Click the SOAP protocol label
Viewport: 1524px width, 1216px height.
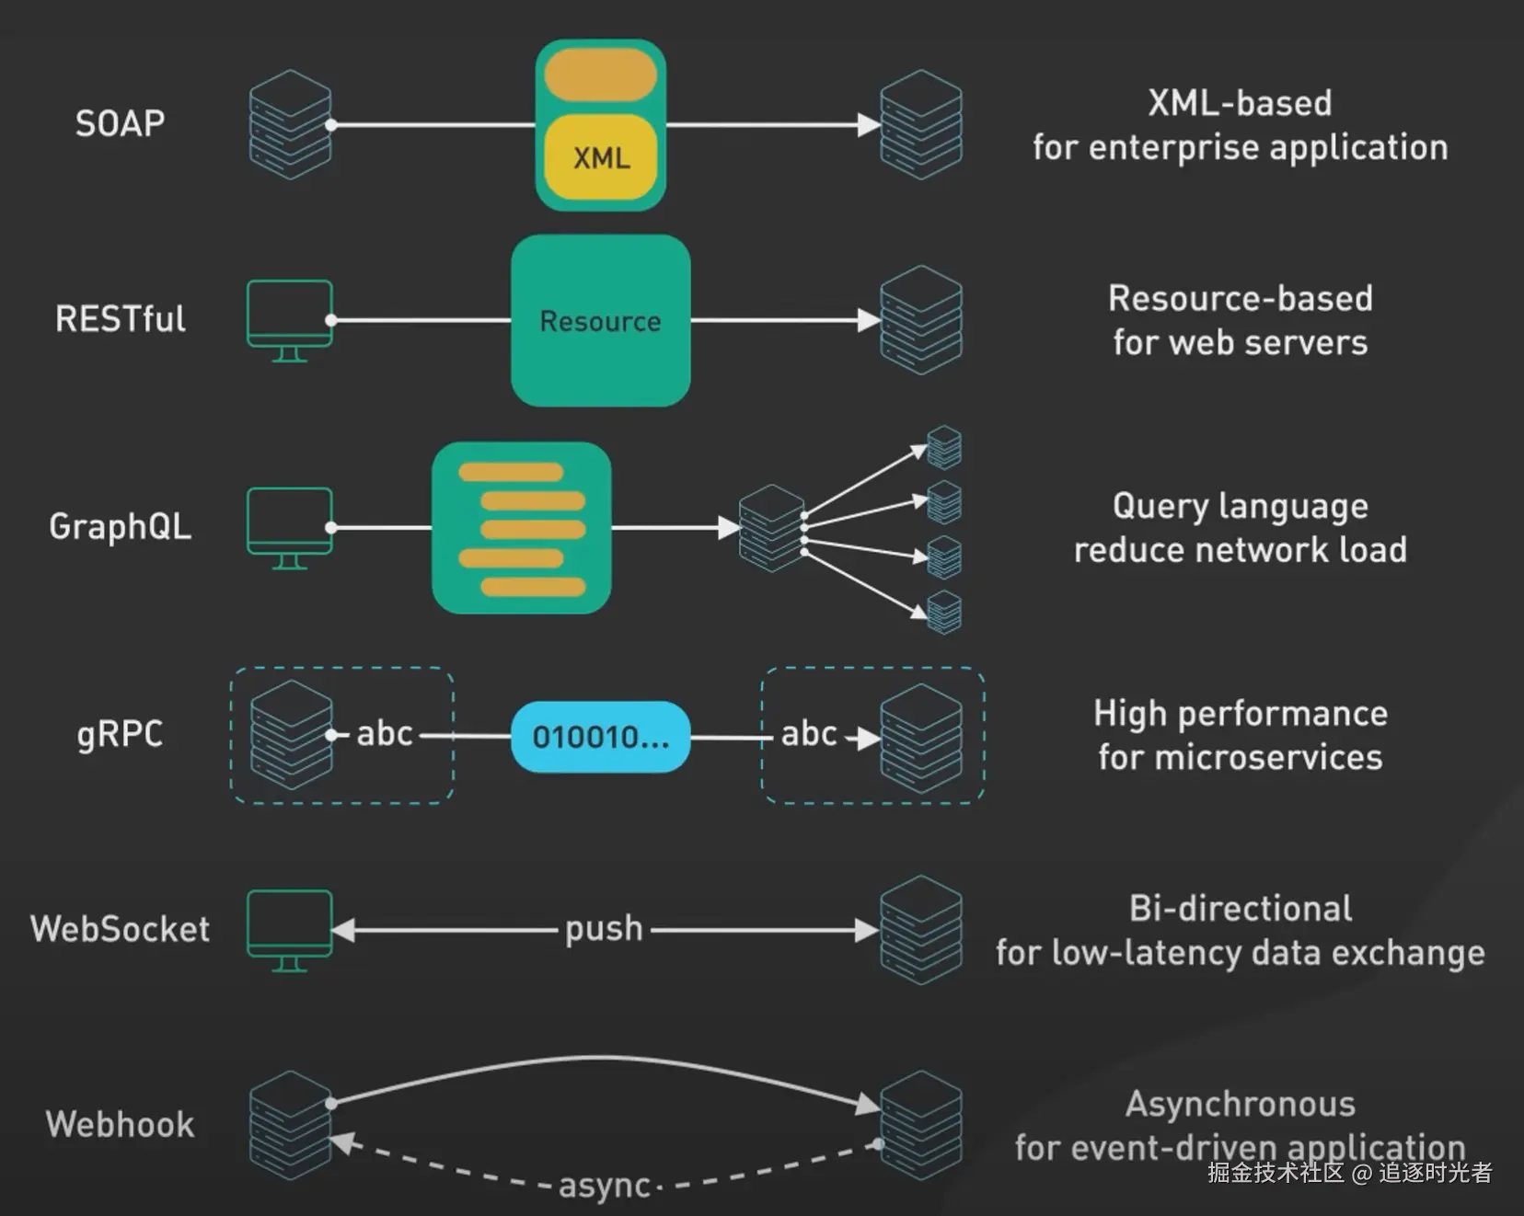tap(120, 123)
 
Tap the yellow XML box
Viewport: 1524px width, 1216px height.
tap(601, 157)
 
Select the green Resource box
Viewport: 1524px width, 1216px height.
tap(601, 320)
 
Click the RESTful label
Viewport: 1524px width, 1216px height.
tap(120, 319)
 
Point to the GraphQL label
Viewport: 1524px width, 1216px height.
tap(120, 526)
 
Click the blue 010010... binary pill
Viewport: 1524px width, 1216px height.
tap(600, 737)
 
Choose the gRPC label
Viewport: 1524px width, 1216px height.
tap(120, 734)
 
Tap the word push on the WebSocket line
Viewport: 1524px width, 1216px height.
tap(604, 929)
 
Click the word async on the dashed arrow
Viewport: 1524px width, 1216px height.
tap(604, 1185)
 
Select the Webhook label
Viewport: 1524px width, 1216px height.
tap(120, 1124)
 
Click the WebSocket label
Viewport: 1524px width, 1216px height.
tap(120, 929)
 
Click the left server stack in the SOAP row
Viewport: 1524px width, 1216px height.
tap(290, 124)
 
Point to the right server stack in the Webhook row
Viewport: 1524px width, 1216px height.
tap(920, 1124)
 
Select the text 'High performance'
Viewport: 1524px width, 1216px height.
tap(1240, 714)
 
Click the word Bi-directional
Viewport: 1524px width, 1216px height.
tap(1240, 909)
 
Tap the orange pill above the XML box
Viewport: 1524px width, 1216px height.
tap(600, 75)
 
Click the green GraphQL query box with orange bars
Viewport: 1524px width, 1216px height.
tap(521, 527)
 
